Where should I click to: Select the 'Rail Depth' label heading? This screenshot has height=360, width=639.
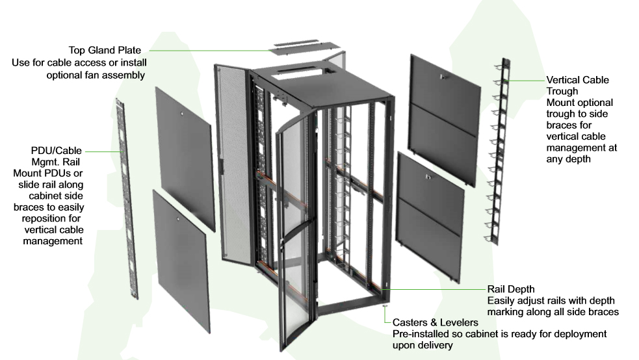click(511, 289)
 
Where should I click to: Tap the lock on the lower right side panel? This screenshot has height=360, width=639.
click(428, 177)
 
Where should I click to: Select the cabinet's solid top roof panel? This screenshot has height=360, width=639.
click(325, 84)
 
